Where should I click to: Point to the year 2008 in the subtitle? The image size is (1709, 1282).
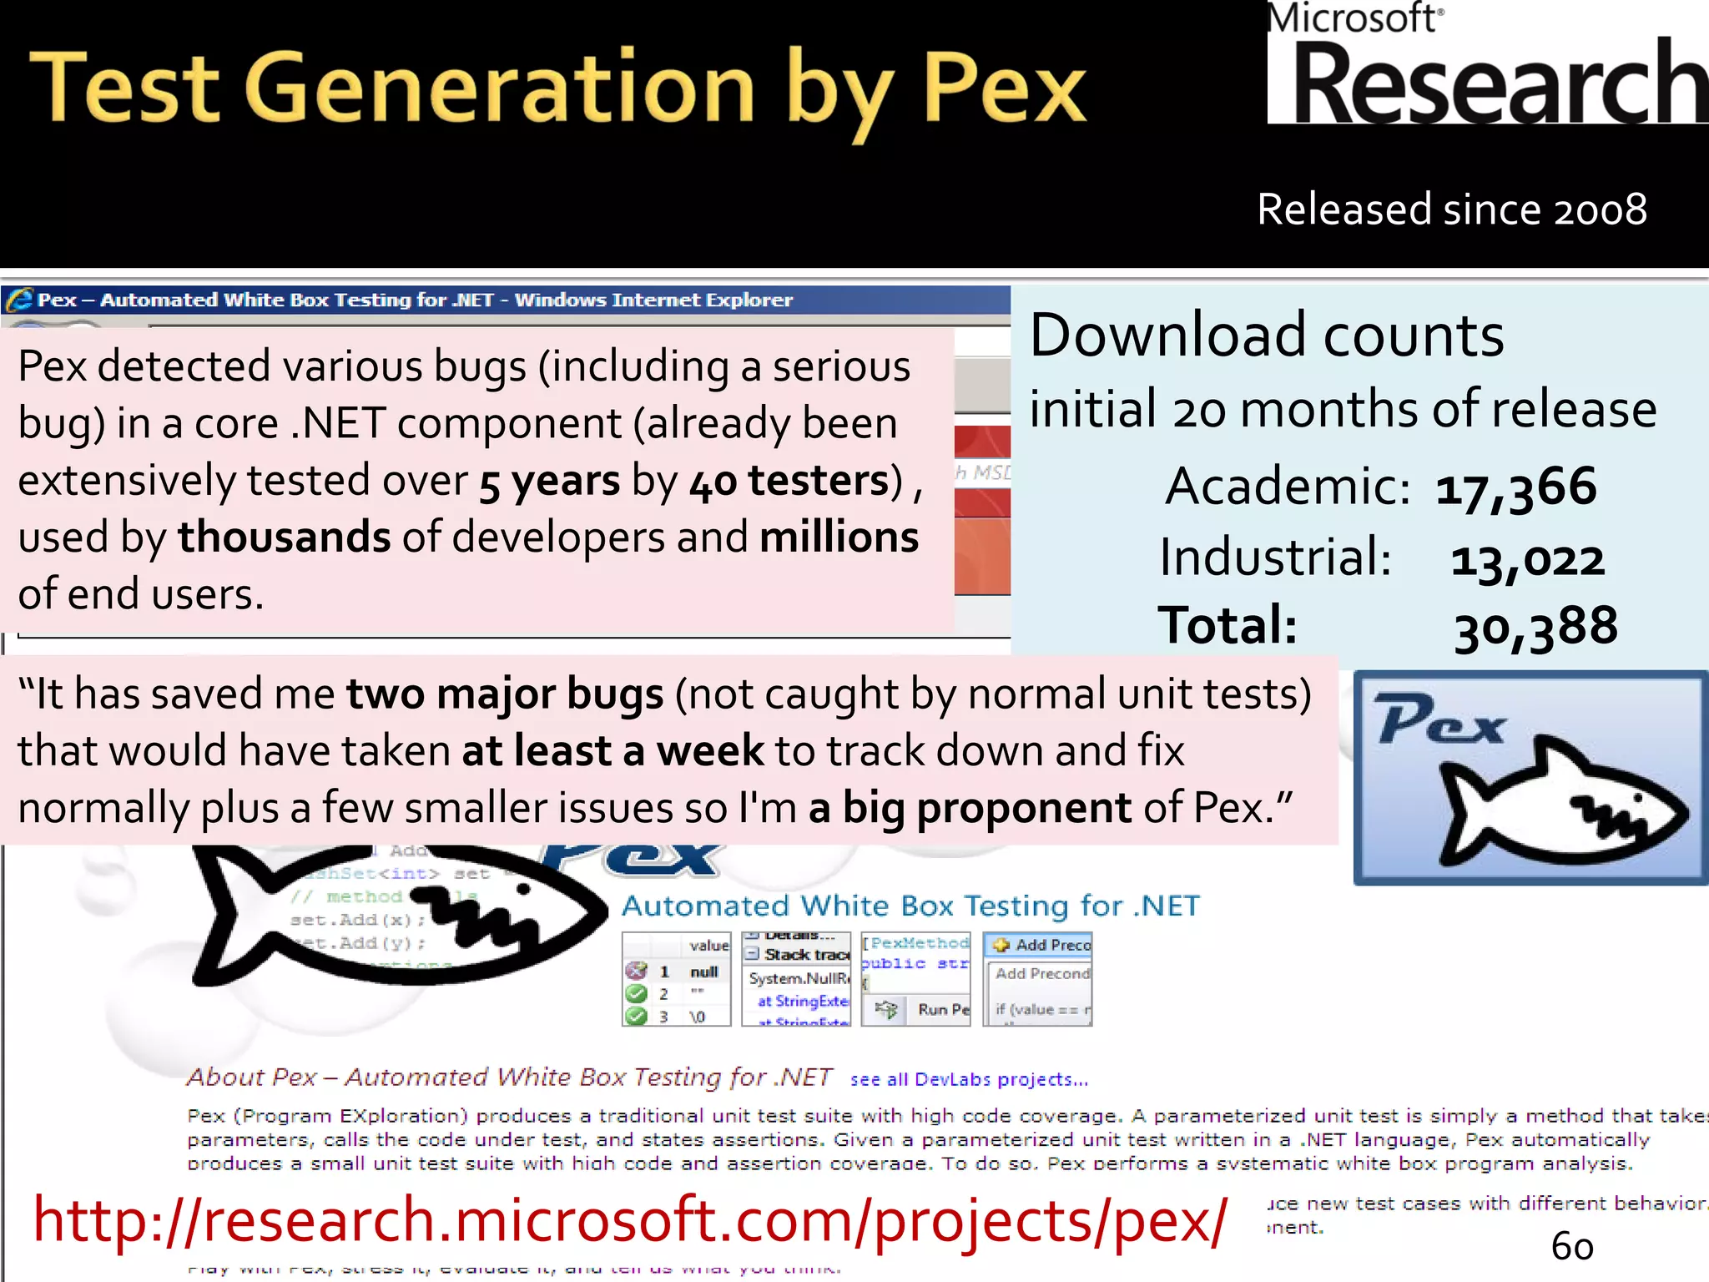point(1600,209)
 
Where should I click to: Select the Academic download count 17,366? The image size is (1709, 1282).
point(1515,487)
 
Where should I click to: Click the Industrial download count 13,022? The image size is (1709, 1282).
point(1527,559)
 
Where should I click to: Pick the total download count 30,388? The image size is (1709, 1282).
point(1535,627)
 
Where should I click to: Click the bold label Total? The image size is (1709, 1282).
point(1227,625)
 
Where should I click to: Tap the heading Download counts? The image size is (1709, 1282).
point(1266,336)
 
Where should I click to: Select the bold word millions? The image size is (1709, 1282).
point(839,538)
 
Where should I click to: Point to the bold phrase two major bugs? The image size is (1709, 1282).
point(505,694)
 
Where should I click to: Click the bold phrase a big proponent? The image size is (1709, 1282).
point(970,808)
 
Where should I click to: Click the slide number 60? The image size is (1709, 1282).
point(1572,1247)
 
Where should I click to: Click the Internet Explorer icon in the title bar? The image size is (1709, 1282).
point(18,300)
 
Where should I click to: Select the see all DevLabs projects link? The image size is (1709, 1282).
point(969,1080)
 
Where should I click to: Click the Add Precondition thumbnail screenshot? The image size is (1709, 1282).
point(1037,979)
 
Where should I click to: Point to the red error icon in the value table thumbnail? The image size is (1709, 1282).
point(636,971)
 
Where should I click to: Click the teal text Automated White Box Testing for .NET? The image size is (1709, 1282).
point(910,906)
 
